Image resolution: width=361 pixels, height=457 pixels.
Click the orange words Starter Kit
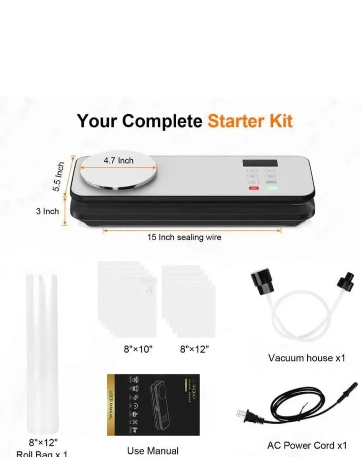(x=250, y=121)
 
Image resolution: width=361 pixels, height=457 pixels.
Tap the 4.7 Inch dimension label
(x=119, y=160)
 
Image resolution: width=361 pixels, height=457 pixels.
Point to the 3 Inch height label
(x=47, y=211)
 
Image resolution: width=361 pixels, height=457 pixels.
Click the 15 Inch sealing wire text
(x=184, y=237)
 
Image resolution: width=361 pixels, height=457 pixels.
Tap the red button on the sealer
(x=253, y=188)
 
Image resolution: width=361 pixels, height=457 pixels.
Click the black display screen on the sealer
(x=260, y=163)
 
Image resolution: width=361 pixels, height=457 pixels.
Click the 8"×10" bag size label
(x=138, y=349)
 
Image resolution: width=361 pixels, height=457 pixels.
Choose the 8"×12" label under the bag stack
(x=194, y=349)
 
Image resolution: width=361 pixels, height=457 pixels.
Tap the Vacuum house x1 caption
(x=306, y=358)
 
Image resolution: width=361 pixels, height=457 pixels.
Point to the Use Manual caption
(x=153, y=450)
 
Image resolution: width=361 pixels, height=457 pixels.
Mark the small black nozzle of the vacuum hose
(x=344, y=280)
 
